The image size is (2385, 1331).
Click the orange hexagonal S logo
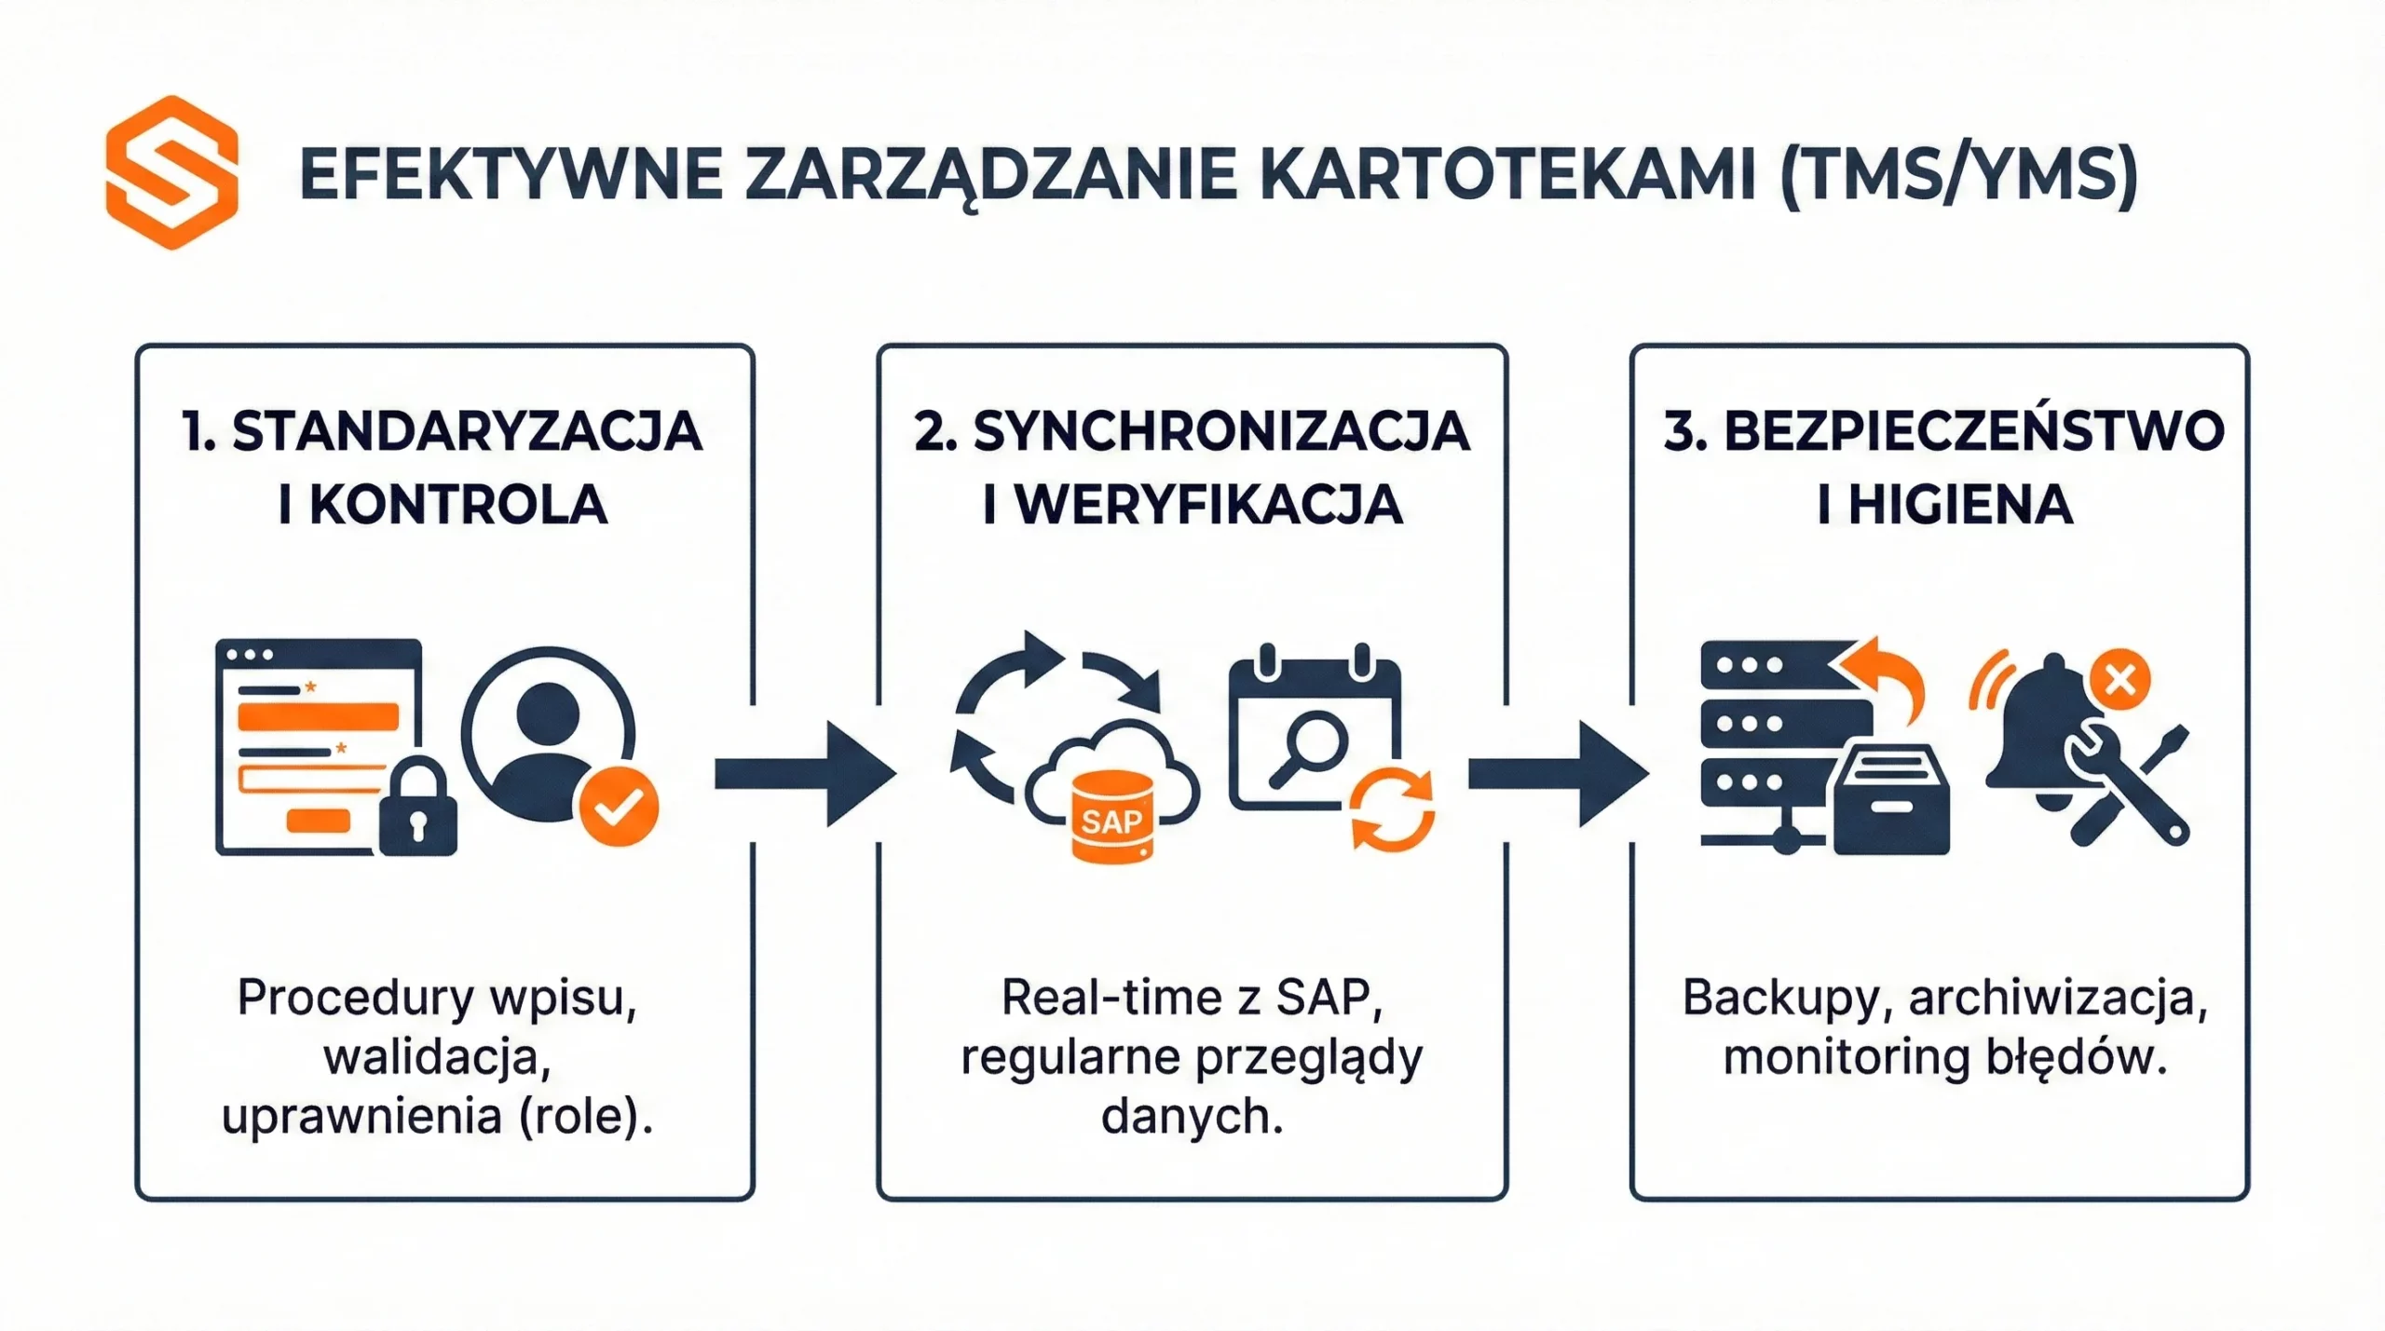(x=172, y=172)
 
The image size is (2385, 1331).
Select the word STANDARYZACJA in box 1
(x=467, y=432)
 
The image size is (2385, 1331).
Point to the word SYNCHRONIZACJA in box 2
(x=1220, y=432)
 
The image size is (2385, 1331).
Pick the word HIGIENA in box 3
(x=1960, y=506)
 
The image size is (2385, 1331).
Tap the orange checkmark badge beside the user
(x=619, y=807)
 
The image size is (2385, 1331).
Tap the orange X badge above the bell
(x=2120, y=680)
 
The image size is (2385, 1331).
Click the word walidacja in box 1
(x=437, y=1057)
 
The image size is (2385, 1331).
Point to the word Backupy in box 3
(x=1780, y=998)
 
